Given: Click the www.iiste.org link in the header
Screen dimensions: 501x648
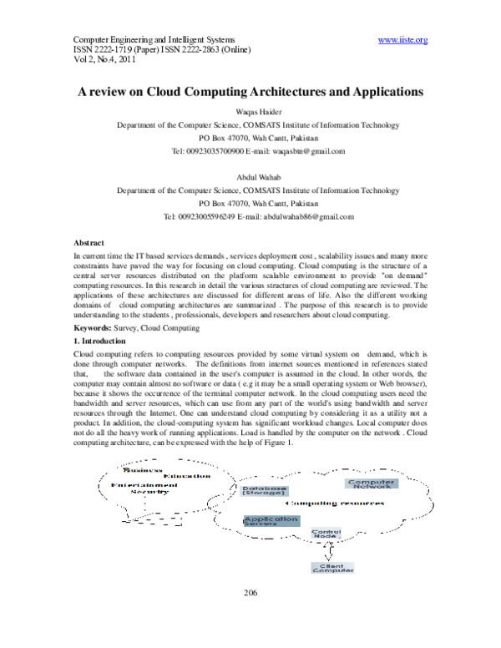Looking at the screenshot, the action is pyautogui.click(x=402, y=39).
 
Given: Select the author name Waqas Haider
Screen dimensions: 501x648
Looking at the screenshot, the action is pyautogui.click(x=250, y=111).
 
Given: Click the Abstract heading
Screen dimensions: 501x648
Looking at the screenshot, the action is pyautogui.click(x=89, y=240).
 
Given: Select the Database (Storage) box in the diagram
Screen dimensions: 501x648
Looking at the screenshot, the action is pyautogui.click(x=265, y=492).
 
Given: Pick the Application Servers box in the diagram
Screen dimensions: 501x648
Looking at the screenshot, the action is pyautogui.click(x=271, y=521).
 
